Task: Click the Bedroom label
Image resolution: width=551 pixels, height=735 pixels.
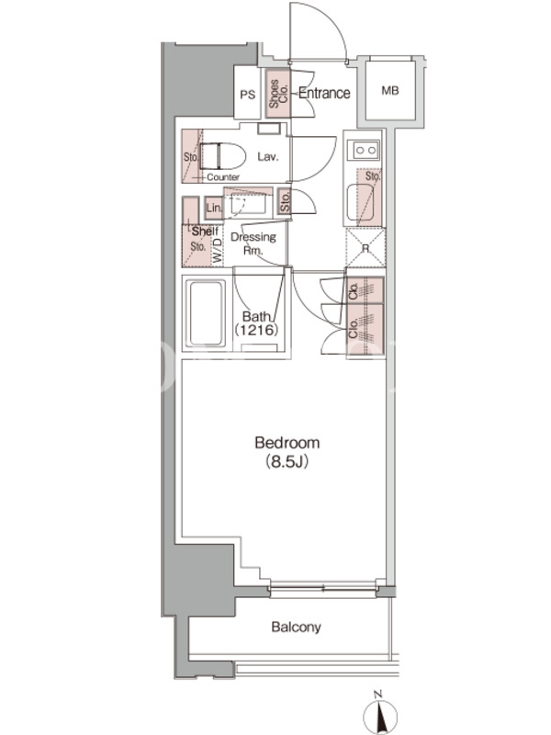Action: click(x=287, y=443)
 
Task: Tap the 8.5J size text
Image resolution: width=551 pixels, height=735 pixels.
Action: click(x=287, y=462)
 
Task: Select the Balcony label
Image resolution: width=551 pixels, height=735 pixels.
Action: click(x=296, y=628)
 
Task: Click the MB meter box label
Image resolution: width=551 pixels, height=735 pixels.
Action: click(x=389, y=90)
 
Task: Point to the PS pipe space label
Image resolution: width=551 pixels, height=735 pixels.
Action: click(x=247, y=96)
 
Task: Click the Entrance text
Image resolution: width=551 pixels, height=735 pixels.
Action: click(x=324, y=93)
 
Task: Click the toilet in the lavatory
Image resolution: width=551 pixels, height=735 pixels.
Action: click(x=222, y=156)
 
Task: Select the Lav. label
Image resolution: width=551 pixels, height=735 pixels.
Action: click(x=267, y=156)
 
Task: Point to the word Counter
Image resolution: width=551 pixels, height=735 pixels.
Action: click(x=223, y=177)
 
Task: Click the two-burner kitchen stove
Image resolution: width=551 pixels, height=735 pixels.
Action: click(x=365, y=150)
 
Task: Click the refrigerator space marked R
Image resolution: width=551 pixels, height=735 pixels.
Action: click(x=365, y=248)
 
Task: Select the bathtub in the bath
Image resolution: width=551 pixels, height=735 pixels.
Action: click(x=205, y=313)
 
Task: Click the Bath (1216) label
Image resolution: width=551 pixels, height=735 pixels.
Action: click(x=257, y=323)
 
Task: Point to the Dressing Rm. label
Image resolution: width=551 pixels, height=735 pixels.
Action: click(x=253, y=243)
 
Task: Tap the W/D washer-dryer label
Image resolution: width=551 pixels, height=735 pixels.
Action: click(x=217, y=250)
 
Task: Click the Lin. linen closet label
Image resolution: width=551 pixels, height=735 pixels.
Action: click(x=214, y=208)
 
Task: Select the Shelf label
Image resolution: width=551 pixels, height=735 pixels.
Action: click(x=205, y=232)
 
